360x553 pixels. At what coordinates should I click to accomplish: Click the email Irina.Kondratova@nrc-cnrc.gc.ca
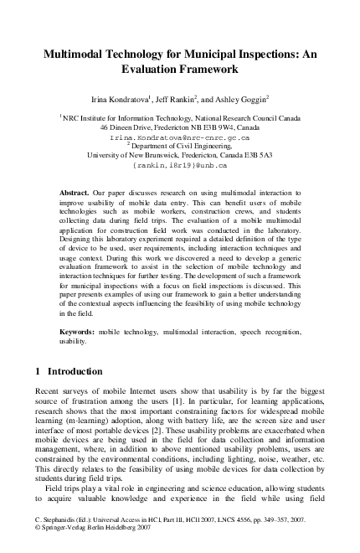180,137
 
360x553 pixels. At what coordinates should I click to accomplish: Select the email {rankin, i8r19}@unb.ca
180,165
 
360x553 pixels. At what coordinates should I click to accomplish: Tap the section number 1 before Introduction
39,371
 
